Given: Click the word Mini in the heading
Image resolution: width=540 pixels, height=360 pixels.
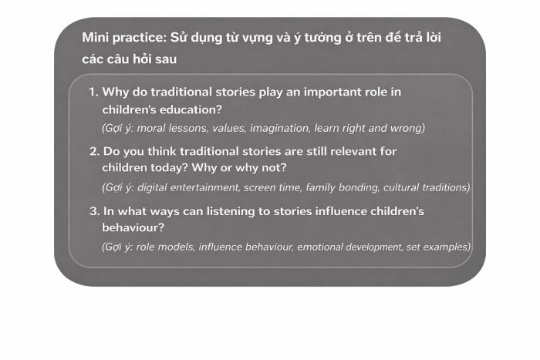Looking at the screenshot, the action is point(95,37).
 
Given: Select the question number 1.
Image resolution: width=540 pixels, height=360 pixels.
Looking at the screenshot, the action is point(93,92).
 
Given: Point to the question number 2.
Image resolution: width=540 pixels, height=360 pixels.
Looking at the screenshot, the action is point(94,151).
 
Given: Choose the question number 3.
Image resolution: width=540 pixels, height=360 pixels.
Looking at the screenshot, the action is point(94,211).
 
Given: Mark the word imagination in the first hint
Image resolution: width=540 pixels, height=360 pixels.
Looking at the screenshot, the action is point(279,128).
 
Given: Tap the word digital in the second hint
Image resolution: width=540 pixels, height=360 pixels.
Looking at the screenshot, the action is point(151,187).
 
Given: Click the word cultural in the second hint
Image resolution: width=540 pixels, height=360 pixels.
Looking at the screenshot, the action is point(400,187).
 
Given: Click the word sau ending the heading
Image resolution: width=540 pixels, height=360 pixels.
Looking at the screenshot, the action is point(166,59).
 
